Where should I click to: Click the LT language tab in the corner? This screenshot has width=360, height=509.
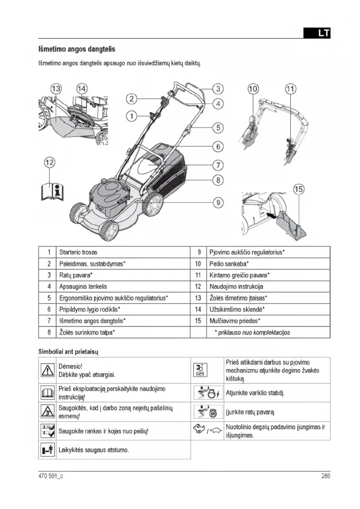click(x=317, y=33)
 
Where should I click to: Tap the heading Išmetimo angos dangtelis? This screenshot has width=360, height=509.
click(x=77, y=49)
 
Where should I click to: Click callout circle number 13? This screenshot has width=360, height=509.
click(x=56, y=89)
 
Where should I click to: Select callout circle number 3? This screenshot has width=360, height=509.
click(x=218, y=89)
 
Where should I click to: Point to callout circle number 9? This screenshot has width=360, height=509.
click(x=218, y=202)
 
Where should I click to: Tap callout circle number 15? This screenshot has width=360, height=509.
click(x=299, y=189)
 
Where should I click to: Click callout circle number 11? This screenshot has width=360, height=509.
click(x=290, y=89)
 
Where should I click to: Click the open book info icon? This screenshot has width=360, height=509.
click(x=52, y=192)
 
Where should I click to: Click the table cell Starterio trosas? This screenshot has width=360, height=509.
click(x=78, y=252)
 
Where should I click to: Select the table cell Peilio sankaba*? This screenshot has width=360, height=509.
click(x=229, y=264)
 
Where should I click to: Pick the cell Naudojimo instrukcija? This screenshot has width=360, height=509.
click(x=236, y=287)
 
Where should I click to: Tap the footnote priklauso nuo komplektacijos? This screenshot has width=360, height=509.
click(x=252, y=333)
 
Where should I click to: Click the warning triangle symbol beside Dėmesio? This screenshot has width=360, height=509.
click(x=48, y=370)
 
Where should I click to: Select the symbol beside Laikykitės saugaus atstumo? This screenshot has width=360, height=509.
click(x=48, y=450)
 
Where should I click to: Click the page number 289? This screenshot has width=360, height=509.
click(x=325, y=476)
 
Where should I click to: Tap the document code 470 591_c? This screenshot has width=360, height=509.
click(x=51, y=476)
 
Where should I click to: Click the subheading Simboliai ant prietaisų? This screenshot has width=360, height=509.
click(x=68, y=352)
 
